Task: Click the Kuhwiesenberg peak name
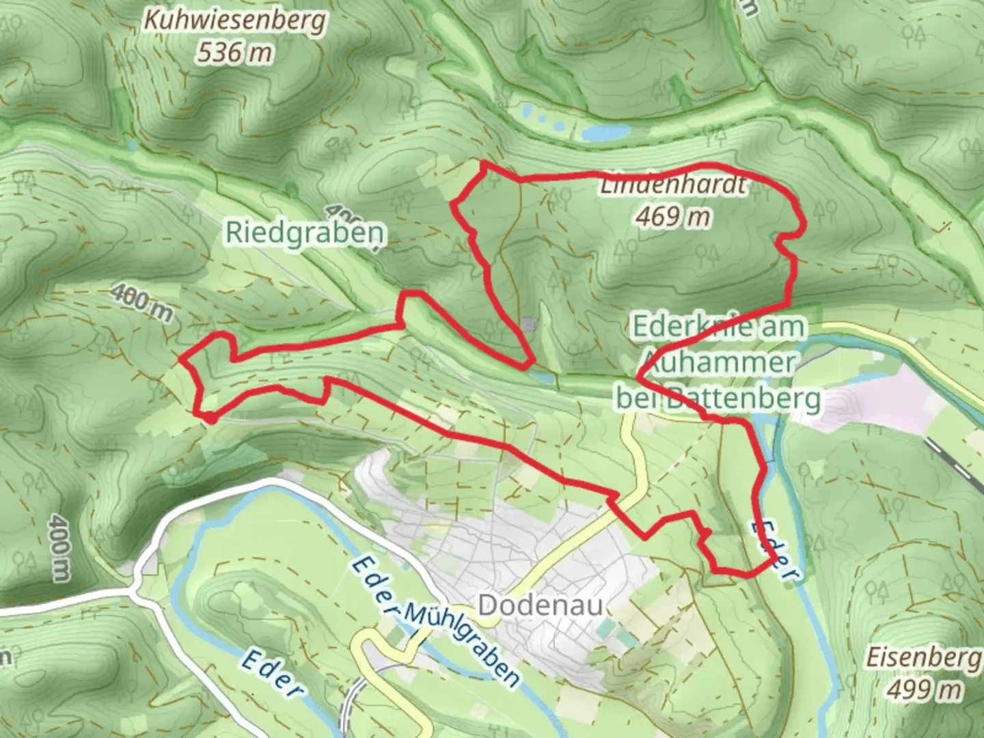coord(234,21)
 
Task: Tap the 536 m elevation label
coord(234,52)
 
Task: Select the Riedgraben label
coord(305,233)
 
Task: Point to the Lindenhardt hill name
coord(673,185)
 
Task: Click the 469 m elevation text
coord(673,217)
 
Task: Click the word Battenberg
coord(745,398)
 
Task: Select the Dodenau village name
coord(541,605)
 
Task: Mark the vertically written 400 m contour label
coord(59,547)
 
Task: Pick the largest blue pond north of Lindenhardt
coord(605,132)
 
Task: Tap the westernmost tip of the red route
coord(180,357)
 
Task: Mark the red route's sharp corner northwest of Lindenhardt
coord(484,163)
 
